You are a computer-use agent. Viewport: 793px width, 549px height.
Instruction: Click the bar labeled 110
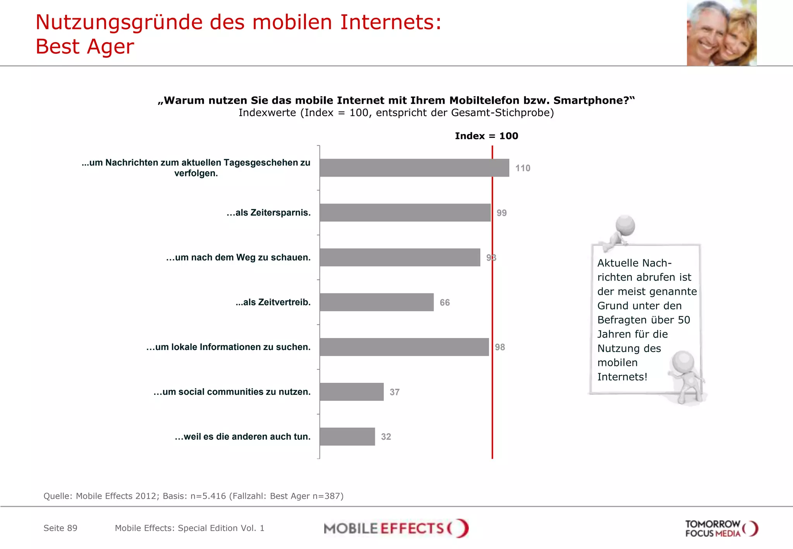point(414,168)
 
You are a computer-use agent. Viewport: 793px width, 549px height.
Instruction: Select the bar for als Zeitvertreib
point(376,302)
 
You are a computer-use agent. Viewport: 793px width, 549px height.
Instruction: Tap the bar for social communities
point(351,391)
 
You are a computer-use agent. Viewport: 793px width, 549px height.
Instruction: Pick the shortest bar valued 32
point(347,436)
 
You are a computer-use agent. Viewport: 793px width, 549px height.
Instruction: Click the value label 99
point(501,213)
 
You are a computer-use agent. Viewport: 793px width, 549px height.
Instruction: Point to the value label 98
point(500,347)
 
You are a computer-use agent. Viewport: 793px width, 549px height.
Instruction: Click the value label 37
point(394,392)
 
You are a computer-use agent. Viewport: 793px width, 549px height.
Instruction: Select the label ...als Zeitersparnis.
point(268,213)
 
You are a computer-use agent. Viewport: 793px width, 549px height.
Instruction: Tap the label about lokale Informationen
point(228,347)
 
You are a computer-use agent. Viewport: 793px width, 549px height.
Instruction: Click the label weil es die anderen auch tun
point(242,436)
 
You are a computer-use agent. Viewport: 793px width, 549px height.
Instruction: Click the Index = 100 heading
point(486,136)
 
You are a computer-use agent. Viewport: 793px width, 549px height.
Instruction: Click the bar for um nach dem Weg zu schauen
point(400,257)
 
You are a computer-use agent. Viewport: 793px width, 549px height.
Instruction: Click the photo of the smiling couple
point(721,33)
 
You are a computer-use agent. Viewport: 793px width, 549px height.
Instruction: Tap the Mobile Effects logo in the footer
point(396,528)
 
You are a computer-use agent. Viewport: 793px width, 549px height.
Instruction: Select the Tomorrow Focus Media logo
point(721,528)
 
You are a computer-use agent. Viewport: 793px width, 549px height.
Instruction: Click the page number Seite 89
point(60,528)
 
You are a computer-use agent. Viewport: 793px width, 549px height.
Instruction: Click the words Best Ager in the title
point(85,47)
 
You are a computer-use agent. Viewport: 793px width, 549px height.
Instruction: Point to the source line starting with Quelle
point(193,496)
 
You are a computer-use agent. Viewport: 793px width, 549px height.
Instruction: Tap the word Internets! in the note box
point(622,377)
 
